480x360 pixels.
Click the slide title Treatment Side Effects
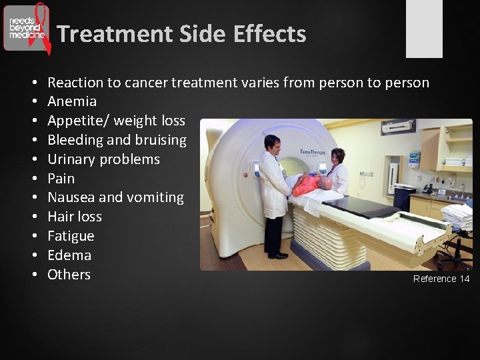point(181,33)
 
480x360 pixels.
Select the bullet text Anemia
point(72,101)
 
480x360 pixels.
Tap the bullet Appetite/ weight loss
point(116,121)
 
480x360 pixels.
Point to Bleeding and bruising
point(117,140)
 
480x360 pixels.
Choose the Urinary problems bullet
point(103,159)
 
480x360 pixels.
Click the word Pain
point(61,179)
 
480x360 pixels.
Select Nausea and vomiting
point(115,197)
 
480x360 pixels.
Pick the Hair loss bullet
point(75,217)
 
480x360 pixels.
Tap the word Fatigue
point(71,236)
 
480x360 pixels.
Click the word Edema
point(69,255)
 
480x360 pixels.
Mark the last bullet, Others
point(69,275)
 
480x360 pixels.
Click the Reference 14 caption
point(441,279)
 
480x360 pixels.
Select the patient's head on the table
point(325,183)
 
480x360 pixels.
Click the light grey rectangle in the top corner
point(424,28)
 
